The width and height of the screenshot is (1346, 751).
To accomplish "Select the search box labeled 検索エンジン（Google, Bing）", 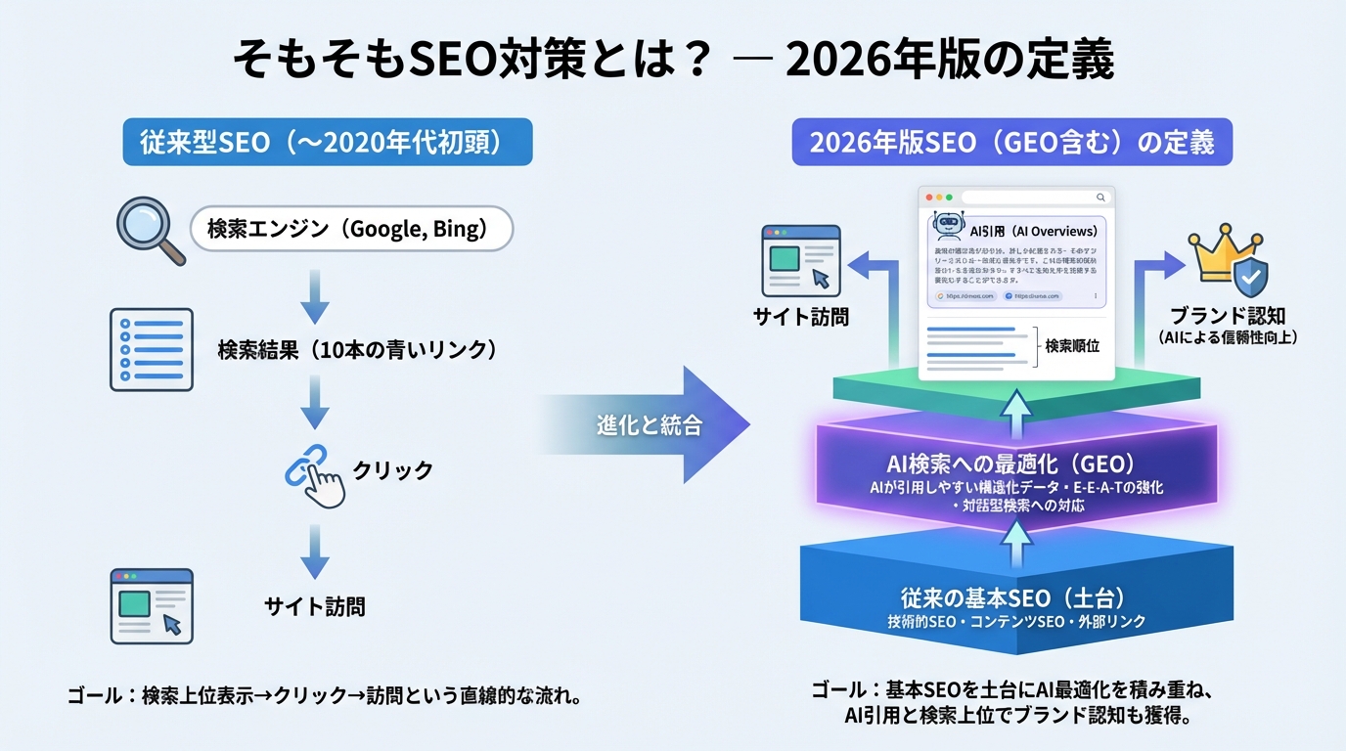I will tap(352, 231).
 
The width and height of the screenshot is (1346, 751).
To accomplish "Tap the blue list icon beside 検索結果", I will tap(151, 349).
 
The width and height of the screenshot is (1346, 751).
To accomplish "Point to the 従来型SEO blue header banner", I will tap(327, 143).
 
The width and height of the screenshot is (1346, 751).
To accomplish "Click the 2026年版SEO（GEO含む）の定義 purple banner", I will tap(1011, 143).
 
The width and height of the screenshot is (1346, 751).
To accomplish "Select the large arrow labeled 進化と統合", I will tap(646, 425).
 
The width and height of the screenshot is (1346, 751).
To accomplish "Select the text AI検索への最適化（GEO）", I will tap(1011, 464).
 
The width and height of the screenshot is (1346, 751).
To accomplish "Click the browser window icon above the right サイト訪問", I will tap(800, 259).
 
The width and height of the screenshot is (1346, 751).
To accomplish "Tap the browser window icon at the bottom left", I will tap(151, 605).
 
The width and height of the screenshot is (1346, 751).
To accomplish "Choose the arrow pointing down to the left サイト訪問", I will tap(314, 552).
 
